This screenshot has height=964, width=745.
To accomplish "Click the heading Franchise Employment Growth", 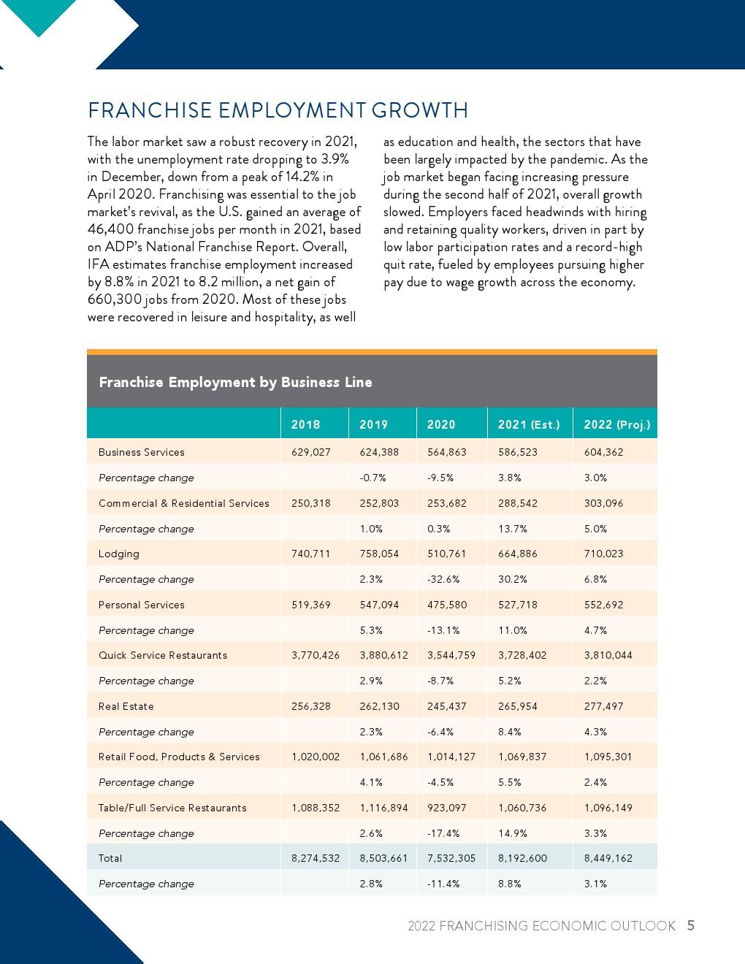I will [278, 110].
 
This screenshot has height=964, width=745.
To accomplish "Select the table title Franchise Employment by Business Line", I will [235, 382].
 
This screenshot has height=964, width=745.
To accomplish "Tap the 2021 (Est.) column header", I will [529, 424].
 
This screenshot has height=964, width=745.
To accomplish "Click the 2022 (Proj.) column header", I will [616, 424].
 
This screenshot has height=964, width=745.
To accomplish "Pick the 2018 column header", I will [305, 424].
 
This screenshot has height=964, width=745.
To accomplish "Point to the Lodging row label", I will [119, 554].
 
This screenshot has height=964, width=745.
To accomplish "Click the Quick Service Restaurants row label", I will [163, 655].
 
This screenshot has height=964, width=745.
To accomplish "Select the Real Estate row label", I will [126, 706].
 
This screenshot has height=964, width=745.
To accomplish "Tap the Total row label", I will [110, 858].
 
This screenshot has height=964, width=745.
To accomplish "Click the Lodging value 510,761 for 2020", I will [446, 554].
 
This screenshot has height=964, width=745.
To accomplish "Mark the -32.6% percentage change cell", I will [443, 579].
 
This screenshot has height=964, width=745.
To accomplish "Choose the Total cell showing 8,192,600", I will [522, 858].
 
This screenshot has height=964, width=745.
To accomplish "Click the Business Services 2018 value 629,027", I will [311, 452].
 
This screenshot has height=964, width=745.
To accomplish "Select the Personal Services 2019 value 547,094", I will [379, 605].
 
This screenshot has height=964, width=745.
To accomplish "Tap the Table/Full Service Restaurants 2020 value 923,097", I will [446, 808].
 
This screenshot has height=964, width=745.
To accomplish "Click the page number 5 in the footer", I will [690, 925].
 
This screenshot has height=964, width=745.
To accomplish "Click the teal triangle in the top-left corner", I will [38, 15].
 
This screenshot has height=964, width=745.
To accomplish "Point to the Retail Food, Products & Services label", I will [179, 757].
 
